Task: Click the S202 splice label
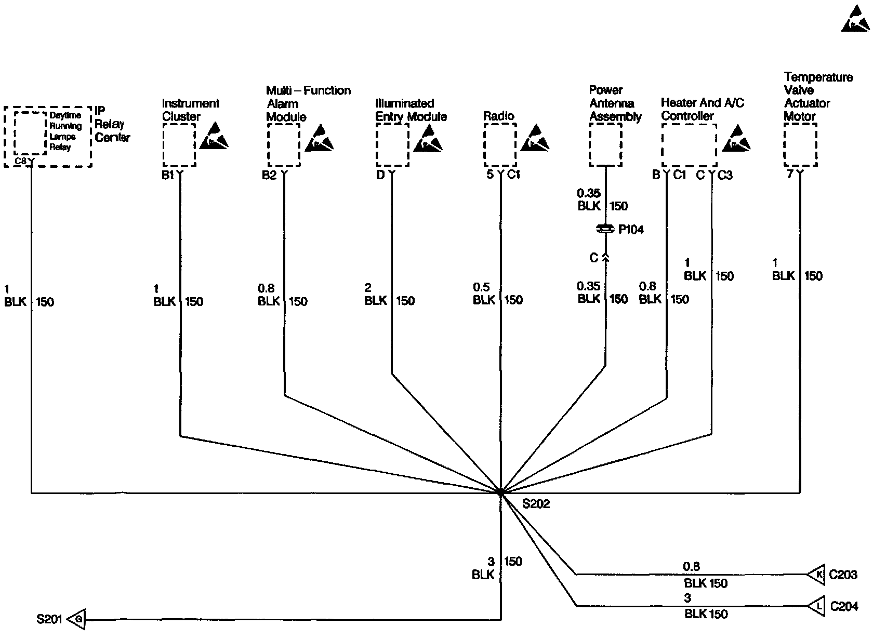coord(536,503)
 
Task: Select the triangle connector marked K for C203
coord(817,575)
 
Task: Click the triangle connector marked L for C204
coord(817,606)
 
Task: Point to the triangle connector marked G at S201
coord(77,619)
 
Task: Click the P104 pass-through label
coord(631,230)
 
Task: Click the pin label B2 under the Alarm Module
coord(269,175)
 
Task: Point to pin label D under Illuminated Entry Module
coord(380,175)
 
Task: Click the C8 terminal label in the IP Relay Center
coord(21,161)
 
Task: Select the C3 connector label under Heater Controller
coord(725,175)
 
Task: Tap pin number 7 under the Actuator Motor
coord(790,175)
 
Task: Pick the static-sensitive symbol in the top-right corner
coord(855,21)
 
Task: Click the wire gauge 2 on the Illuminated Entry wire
coord(368,288)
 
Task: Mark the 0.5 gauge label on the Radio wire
coord(481,287)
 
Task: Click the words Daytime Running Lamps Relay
coord(65,131)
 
